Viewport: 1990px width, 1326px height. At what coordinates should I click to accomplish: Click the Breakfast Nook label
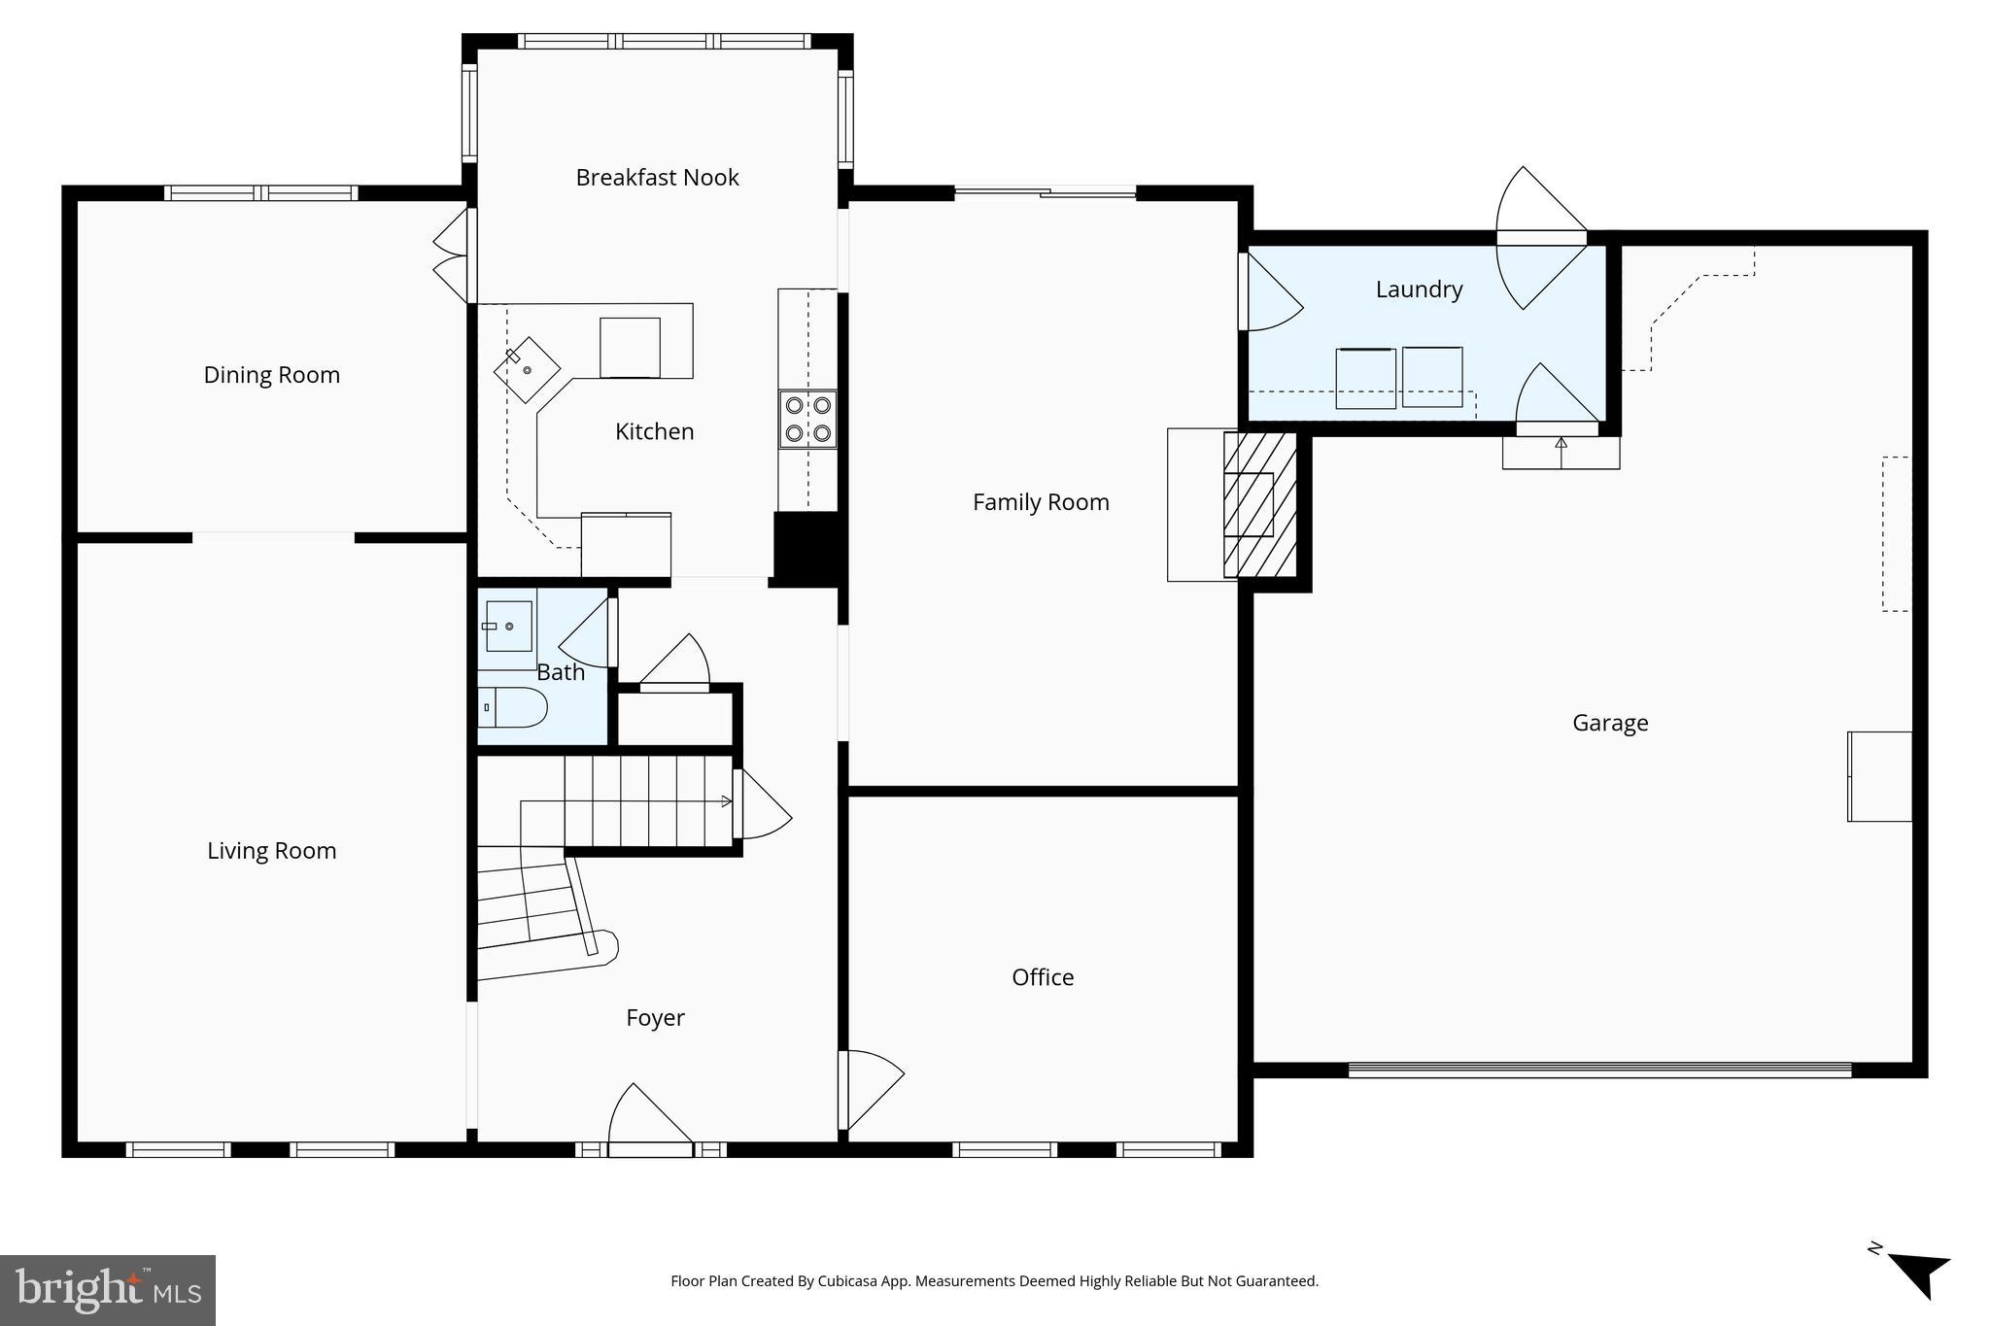tap(657, 178)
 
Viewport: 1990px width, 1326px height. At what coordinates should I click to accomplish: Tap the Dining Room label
tap(271, 375)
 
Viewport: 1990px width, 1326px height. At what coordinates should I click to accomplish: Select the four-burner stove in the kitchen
tap(807, 419)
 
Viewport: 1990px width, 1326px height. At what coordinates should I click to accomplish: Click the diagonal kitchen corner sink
tap(527, 369)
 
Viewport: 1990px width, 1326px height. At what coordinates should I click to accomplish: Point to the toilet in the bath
tap(513, 707)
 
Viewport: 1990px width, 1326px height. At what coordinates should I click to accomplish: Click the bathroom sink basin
tap(508, 627)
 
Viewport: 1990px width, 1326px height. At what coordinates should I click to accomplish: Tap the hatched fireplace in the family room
tap(1259, 505)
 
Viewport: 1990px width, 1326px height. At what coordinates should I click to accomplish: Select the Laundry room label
tap(1419, 289)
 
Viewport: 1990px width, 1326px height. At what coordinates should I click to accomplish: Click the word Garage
tap(1610, 723)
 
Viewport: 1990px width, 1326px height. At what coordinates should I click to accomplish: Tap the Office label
tap(1043, 977)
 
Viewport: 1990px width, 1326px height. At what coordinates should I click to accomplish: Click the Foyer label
tap(655, 1018)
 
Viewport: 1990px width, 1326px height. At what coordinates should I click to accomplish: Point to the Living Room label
tap(271, 851)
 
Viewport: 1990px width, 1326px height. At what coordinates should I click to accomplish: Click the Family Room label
tap(1041, 502)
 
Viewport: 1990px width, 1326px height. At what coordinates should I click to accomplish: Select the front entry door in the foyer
tap(649, 1127)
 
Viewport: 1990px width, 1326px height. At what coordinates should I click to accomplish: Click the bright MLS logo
tap(108, 1290)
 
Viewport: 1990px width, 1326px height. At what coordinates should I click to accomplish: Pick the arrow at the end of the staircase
tap(725, 801)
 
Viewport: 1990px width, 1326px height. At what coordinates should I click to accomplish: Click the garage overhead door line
tap(1599, 1070)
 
